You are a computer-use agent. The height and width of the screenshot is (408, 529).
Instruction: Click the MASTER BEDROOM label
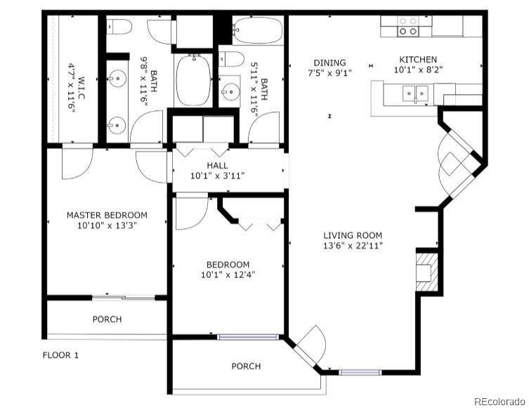click(x=107, y=215)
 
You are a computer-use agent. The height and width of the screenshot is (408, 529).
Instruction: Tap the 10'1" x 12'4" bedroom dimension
click(x=228, y=275)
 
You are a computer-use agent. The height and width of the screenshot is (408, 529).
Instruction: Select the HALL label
click(x=217, y=165)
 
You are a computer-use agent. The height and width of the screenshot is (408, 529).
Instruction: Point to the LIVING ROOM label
click(x=353, y=235)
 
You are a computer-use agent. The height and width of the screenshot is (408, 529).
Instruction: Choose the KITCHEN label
click(x=418, y=60)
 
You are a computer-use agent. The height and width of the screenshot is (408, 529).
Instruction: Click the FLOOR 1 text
click(x=60, y=355)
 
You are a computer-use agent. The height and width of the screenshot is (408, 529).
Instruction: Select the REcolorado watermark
click(x=499, y=401)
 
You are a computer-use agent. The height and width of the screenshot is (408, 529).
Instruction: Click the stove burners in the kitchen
click(x=407, y=27)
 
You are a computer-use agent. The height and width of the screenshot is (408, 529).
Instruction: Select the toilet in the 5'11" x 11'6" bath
click(x=233, y=58)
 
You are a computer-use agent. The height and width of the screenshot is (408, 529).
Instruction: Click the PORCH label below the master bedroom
click(x=107, y=320)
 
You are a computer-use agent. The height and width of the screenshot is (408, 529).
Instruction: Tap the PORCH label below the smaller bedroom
click(x=246, y=366)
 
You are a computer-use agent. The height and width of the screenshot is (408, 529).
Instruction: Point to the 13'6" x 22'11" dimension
click(x=353, y=246)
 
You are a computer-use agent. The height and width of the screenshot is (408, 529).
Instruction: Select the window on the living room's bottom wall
click(x=360, y=371)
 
